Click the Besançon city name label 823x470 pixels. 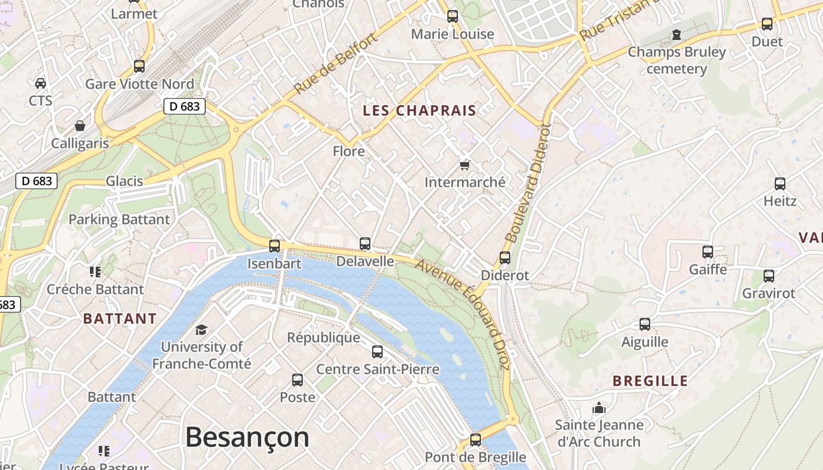coord(247,438)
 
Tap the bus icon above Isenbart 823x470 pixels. coord(275,246)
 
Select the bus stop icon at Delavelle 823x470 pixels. coord(365,243)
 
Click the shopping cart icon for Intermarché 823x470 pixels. coord(464,165)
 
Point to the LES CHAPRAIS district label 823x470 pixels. coord(419,110)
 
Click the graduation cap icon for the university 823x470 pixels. coord(202,330)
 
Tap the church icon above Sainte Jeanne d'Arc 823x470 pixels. coord(599,407)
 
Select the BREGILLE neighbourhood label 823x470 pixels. coord(650,381)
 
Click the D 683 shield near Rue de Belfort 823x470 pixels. coord(184,106)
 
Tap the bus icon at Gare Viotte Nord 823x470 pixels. coord(139,66)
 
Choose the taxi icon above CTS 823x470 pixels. coord(41,83)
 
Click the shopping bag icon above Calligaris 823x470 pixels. coord(79,126)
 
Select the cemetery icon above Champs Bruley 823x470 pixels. coord(677,35)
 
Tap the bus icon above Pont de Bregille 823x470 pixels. coord(476,439)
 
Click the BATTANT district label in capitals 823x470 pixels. coord(120,319)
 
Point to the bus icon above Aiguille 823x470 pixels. coord(645,324)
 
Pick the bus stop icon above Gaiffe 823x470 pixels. coord(708,252)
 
